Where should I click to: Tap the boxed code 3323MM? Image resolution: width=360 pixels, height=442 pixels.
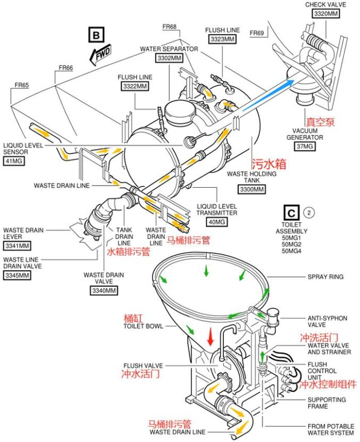pos(223,39)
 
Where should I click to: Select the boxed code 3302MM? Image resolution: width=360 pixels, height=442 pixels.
pos(169,58)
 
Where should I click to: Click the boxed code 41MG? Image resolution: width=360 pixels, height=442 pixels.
pos(13,161)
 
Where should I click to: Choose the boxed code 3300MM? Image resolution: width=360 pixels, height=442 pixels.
pos(252,189)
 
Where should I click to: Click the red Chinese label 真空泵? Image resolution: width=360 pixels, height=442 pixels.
pos(320,122)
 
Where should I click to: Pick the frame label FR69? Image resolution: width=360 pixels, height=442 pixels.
pos(257,33)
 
